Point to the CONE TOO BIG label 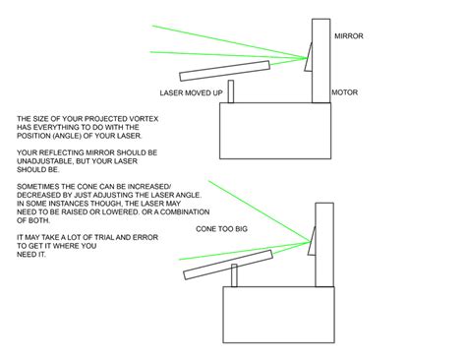(222, 228)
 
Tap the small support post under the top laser (231, 92)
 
